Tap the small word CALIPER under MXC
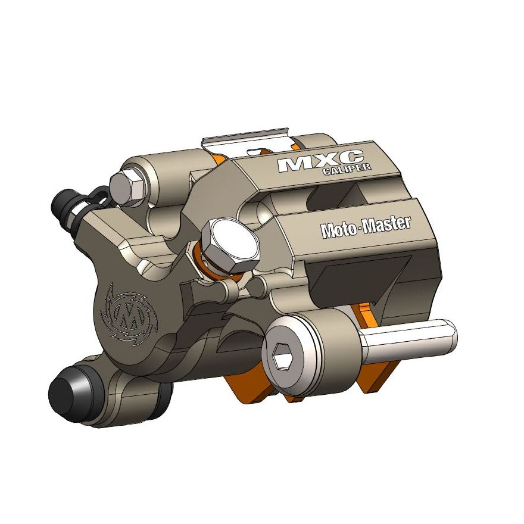click(348, 170)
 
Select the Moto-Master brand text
click(366, 227)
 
